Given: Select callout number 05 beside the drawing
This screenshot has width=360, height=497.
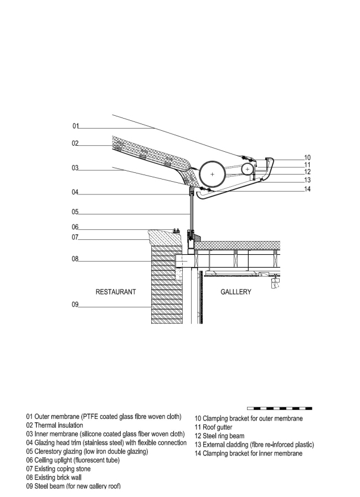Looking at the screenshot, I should click(75, 211).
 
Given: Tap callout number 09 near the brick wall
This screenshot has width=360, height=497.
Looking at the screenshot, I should click(75, 304).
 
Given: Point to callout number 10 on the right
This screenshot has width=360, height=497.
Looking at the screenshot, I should click(307, 157).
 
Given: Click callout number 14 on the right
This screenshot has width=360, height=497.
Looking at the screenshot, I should click(307, 189).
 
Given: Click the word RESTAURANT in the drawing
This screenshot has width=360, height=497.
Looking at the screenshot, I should click(116, 292).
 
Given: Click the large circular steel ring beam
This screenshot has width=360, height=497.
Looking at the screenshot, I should click(212, 174).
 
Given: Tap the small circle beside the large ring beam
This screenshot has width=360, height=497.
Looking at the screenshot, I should click(247, 168).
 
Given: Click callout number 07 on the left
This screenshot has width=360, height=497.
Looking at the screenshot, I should click(75, 238).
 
